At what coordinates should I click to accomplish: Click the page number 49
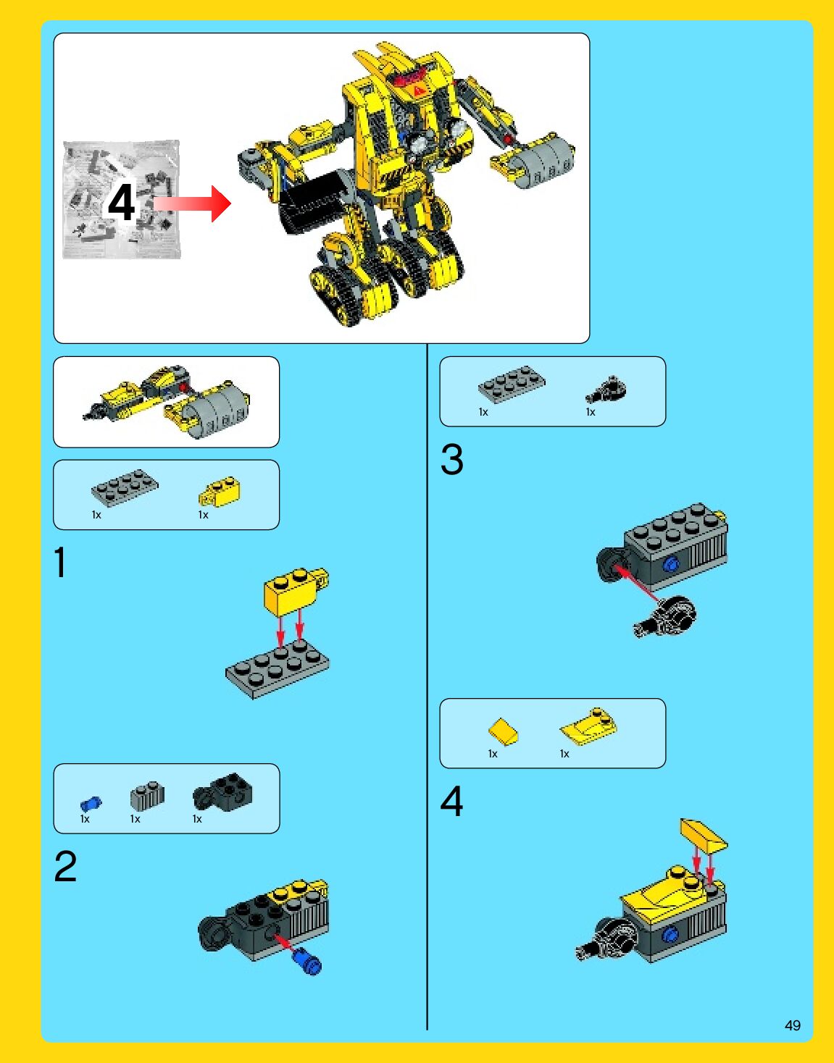point(793,1025)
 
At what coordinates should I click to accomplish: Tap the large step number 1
point(60,562)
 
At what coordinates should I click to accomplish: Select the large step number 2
point(66,866)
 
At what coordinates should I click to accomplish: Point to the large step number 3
point(451,459)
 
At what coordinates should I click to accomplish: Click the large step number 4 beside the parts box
point(451,801)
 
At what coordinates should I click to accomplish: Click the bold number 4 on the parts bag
point(121,203)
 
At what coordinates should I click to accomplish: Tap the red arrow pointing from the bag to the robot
point(192,203)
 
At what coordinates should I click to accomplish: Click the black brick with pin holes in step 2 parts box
point(223,792)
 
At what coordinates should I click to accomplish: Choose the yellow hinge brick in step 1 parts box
point(220,492)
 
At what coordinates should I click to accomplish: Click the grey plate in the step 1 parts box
point(125,487)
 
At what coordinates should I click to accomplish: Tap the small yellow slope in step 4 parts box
point(503,732)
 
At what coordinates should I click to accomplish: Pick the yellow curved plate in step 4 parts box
point(588,726)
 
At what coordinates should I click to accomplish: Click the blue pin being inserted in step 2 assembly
point(306,961)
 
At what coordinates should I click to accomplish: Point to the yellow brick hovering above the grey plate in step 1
point(296,590)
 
